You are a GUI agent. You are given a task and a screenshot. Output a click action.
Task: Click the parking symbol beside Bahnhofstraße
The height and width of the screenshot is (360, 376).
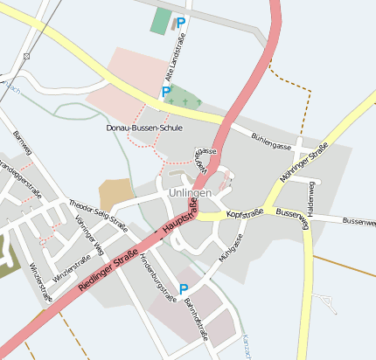[x=184, y=289]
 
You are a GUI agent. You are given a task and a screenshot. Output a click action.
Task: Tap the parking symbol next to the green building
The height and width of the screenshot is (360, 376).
[x=181, y=24]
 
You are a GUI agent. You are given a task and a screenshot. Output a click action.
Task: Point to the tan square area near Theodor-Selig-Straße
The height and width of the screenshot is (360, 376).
[x=115, y=194]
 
